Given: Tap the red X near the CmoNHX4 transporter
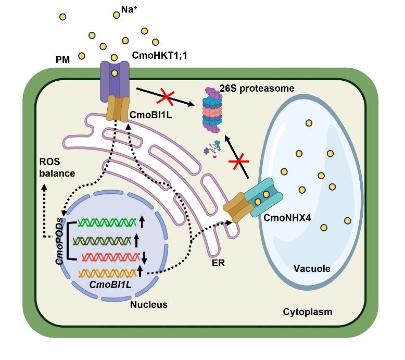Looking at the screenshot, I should click(240, 163).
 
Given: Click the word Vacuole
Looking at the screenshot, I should click(311, 269).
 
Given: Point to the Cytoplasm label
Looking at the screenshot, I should click(307, 312).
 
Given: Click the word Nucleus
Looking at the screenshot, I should click(149, 304).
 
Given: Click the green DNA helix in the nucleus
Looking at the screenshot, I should click(107, 223).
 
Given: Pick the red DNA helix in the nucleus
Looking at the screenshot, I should click(109, 256).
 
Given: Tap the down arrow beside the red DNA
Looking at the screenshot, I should click(145, 256).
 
